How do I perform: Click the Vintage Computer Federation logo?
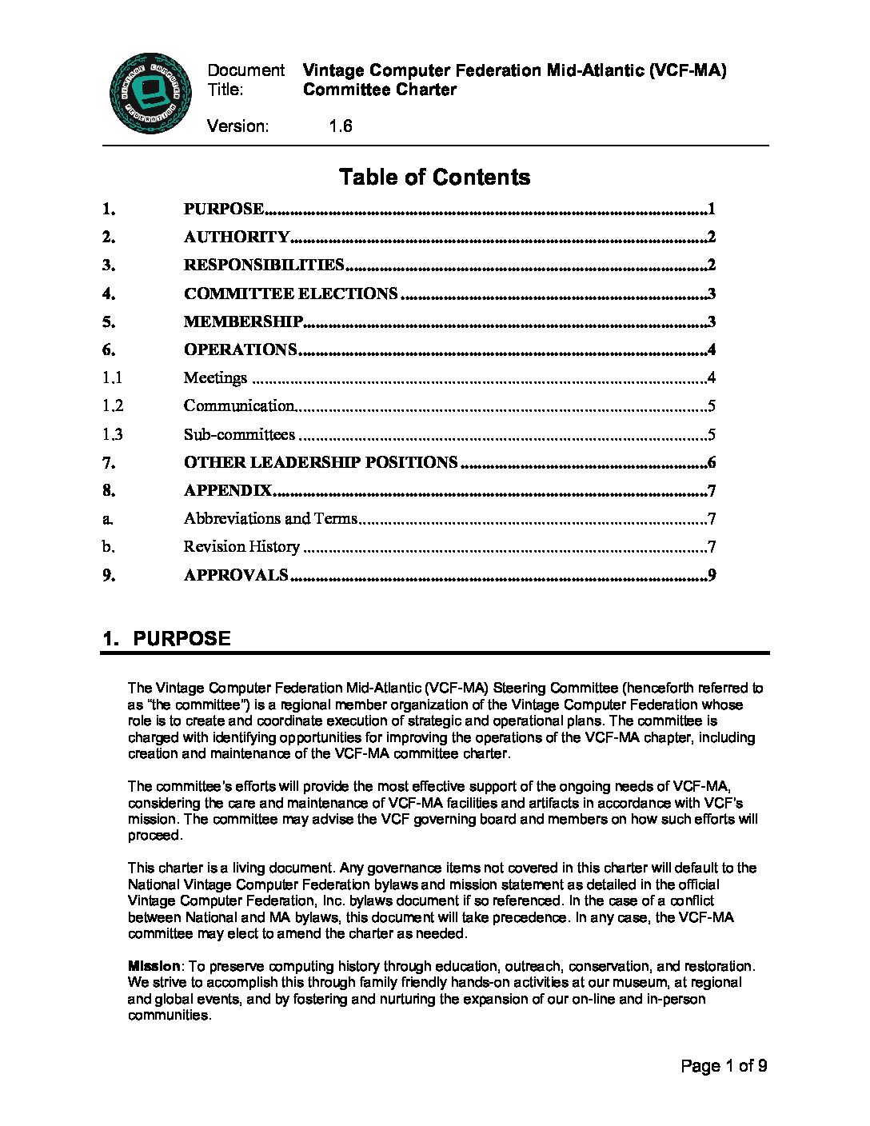(150, 94)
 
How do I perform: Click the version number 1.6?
(340, 126)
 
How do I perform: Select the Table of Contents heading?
(434, 177)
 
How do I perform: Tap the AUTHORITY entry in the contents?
(237, 237)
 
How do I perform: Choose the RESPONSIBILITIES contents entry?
(264, 265)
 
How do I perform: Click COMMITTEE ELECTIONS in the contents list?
(290, 293)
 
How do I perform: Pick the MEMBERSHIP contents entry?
(243, 321)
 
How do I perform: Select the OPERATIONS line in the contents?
(240, 349)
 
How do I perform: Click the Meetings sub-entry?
(215, 377)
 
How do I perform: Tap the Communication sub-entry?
(239, 405)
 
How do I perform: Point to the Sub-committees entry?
(239, 434)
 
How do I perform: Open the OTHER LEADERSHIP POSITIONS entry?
(321, 462)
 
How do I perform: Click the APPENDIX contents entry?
(228, 490)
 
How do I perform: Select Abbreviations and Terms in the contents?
(270, 518)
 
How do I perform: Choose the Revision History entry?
(241, 547)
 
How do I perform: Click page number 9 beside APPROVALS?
(711, 575)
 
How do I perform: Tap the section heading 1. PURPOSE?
(166, 638)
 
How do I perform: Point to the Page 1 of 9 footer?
(724, 1066)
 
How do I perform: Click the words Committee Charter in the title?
(380, 90)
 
